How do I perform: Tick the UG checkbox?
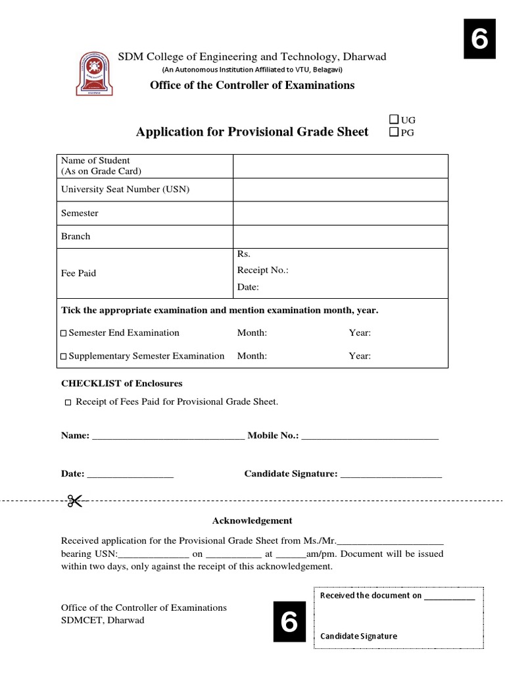393,120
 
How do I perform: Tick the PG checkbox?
393,133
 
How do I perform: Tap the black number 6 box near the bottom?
289,622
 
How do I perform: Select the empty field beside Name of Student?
340,166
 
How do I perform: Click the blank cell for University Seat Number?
340,190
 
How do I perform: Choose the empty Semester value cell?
340,213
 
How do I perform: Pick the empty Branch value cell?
340,236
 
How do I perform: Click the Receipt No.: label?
262,271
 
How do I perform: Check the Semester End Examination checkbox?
64,333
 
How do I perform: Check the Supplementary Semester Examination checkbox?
64,356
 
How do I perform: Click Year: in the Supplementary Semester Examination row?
360,356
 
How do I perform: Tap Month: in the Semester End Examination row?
252,333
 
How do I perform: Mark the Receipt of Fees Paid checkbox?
68,402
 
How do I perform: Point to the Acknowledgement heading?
252,521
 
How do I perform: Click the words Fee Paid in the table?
78,273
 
